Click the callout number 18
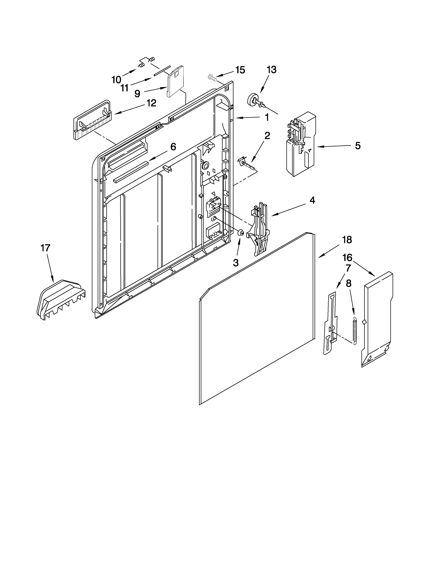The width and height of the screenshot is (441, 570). [347, 240]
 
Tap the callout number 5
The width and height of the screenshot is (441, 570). [358, 146]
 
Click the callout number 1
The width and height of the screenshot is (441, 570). [267, 117]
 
